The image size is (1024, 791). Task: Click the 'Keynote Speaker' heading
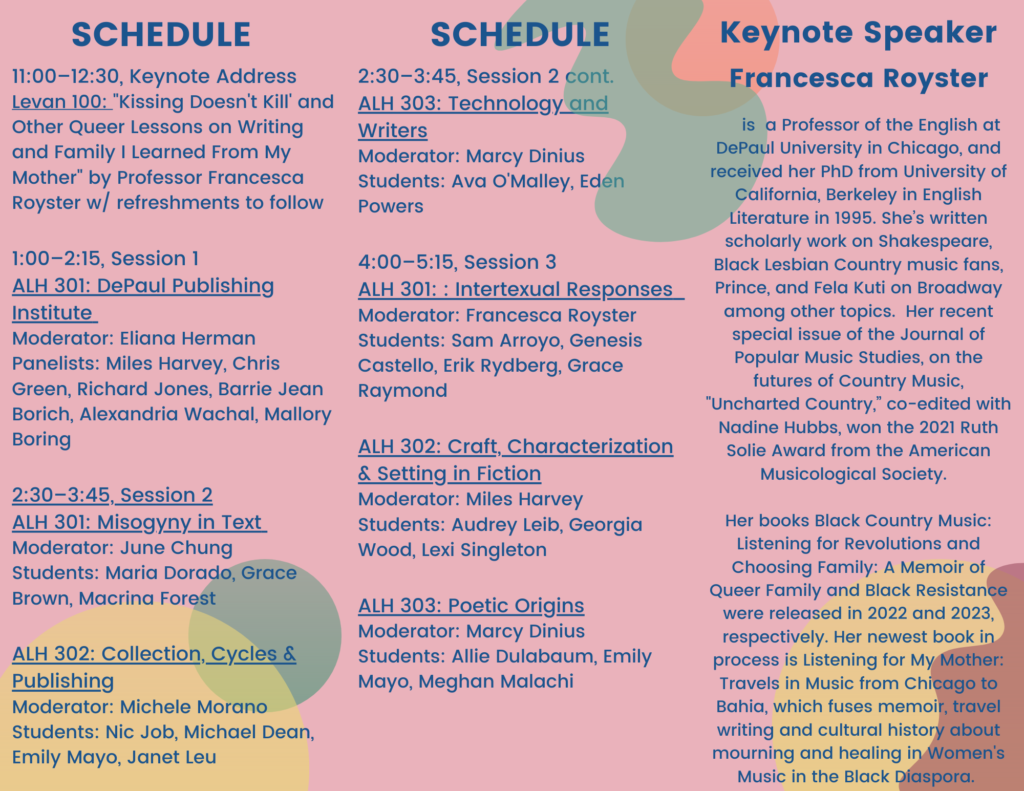pos(858,33)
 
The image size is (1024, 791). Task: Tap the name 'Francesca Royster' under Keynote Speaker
pos(858,78)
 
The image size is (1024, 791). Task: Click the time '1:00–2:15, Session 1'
pos(105,259)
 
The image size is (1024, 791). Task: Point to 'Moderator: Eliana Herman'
pos(134,338)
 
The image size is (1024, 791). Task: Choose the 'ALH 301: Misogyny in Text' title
pos(137,522)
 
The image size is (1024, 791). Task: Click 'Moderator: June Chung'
pos(122,547)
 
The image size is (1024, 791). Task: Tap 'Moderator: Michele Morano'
pos(140,707)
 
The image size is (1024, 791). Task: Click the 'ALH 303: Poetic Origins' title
pos(471,605)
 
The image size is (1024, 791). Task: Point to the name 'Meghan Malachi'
pos(496,681)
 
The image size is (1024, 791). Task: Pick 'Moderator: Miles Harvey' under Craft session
pos(470,499)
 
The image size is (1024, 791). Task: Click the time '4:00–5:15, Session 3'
pos(457,262)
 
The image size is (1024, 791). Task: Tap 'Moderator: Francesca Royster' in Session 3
pos(497,315)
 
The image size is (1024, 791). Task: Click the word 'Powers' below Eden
pos(391,206)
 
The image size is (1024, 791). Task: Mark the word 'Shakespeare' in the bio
pos(935,242)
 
